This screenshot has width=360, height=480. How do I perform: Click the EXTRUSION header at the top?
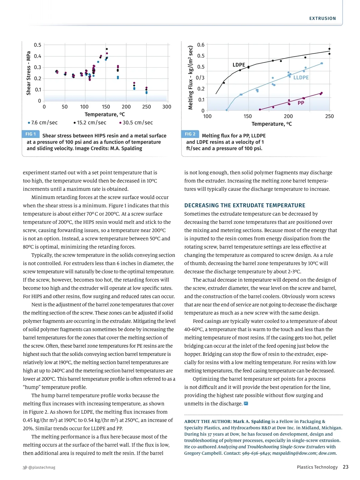tap(322, 18)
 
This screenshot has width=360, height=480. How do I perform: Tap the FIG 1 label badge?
tap(30, 134)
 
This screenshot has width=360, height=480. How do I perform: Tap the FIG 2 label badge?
tap(190, 134)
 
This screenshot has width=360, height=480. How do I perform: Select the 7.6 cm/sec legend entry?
tap(43, 123)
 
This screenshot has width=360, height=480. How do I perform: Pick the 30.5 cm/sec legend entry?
tap(136, 123)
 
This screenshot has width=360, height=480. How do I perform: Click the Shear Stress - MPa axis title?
tap(29, 73)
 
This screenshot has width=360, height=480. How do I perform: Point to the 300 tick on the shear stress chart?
tap(166, 107)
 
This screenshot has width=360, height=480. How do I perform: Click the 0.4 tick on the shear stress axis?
tap(37, 56)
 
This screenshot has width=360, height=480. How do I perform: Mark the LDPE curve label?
tap(239, 65)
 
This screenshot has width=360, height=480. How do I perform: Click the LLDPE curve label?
tap(301, 77)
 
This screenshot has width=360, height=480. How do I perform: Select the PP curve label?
tap(301, 103)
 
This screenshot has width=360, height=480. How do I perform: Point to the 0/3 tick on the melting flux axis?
tap(200, 78)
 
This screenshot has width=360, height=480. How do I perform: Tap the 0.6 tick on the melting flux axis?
tap(201, 45)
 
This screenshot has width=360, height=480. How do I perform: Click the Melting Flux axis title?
tap(190, 77)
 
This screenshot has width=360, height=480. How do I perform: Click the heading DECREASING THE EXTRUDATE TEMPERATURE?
tap(244, 205)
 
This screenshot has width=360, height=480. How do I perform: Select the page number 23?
tap(346, 467)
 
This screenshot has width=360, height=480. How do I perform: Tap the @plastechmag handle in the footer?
tap(42, 467)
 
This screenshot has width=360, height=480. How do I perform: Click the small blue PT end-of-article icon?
tap(246, 403)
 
